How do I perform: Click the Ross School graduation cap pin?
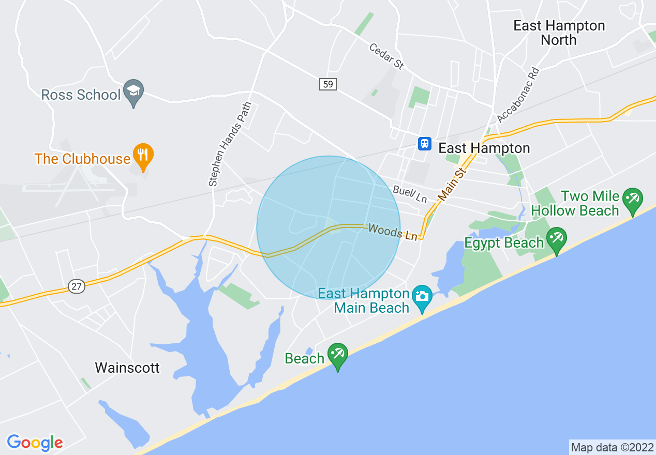134,91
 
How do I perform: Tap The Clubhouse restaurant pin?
143,155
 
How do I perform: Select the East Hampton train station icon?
424,143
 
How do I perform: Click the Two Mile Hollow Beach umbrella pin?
632,200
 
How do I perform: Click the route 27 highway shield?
77,286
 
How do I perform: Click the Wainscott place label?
127,368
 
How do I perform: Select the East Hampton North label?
559,33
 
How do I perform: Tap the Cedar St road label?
386,56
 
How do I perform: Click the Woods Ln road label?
393,232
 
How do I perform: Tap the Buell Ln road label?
410,194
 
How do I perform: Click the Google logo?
35,443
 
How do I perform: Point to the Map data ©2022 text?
612,447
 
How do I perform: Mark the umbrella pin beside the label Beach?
338,355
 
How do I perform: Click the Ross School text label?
81,95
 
